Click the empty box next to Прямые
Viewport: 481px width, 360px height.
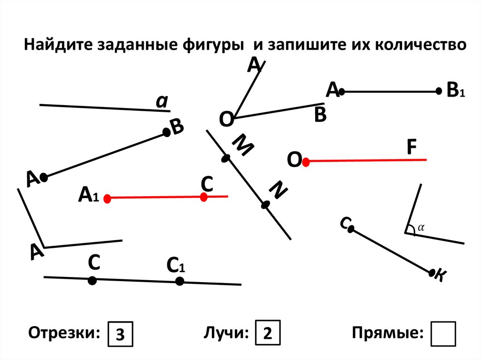443,334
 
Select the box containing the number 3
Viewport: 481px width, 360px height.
120,334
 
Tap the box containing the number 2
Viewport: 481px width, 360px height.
268,334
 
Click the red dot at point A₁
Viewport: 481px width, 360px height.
107,199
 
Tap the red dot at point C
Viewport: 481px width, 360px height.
204,198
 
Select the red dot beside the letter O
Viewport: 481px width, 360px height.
306,162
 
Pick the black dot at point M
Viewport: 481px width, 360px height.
225,159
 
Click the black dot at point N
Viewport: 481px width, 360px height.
265,205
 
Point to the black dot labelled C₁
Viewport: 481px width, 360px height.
179,281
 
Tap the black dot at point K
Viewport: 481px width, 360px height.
432,272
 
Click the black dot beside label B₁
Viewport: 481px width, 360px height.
439,92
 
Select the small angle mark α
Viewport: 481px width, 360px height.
420,227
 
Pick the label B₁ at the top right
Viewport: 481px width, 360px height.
455,91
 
